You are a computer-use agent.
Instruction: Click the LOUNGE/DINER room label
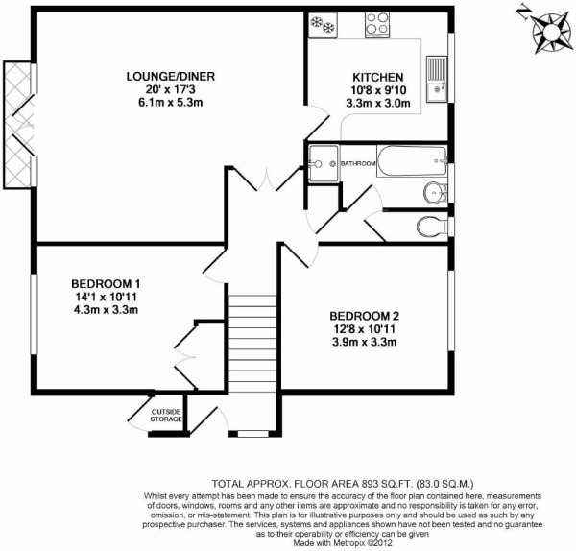tap(171, 77)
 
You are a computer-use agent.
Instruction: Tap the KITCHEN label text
tap(378, 78)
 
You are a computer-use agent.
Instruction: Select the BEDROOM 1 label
tap(106, 284)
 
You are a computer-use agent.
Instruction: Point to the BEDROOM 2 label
tap(365, 316)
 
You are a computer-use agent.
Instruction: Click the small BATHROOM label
tap(358, 163)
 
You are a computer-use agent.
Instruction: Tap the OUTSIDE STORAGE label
tap(166, 416)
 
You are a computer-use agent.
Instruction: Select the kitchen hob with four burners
tap(377, 25)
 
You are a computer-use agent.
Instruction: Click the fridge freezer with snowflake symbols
tap(323, 25)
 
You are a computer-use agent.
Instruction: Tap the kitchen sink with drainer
tap(437, 79)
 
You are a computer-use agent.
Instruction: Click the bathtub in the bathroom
tap(412, 161)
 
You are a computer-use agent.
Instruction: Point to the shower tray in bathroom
tap(324, 163)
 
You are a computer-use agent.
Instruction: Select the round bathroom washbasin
tap(435, 192)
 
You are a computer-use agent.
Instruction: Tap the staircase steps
tap(252, 344)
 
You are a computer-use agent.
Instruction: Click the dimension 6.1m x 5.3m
tap(171, 103)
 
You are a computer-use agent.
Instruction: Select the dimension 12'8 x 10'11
tap(365, 329)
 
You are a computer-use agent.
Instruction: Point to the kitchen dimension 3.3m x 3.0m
tap(378, 104)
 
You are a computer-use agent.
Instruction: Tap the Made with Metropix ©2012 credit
tap(343, 542)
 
